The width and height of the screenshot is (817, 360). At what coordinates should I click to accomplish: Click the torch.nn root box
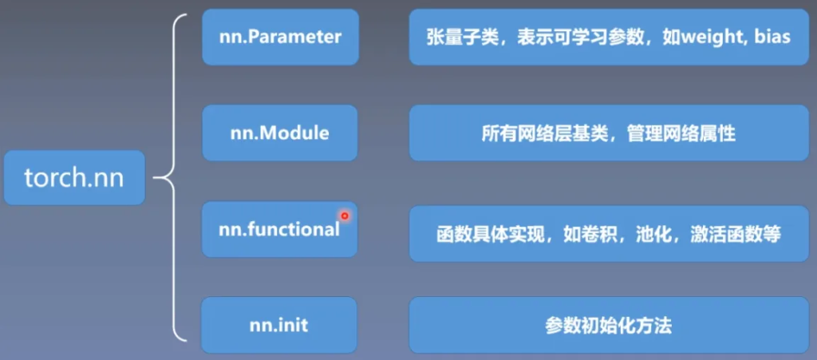tap(74, 178)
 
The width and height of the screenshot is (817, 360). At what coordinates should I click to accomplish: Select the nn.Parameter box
tap(280, 37)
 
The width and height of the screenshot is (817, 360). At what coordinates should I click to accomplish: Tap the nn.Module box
tap(280, 133)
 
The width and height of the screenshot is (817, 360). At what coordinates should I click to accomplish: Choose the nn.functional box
tap(280, 229)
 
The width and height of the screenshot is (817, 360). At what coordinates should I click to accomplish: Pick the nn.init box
tap(279, 325)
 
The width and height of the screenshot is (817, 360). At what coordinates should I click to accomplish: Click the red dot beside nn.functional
tap(345, 216)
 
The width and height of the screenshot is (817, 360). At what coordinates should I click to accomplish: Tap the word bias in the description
tap(772, 37)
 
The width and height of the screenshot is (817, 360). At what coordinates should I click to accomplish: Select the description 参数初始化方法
tap(609, 326)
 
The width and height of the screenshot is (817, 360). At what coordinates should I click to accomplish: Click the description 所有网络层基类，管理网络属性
tap(609, 133)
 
